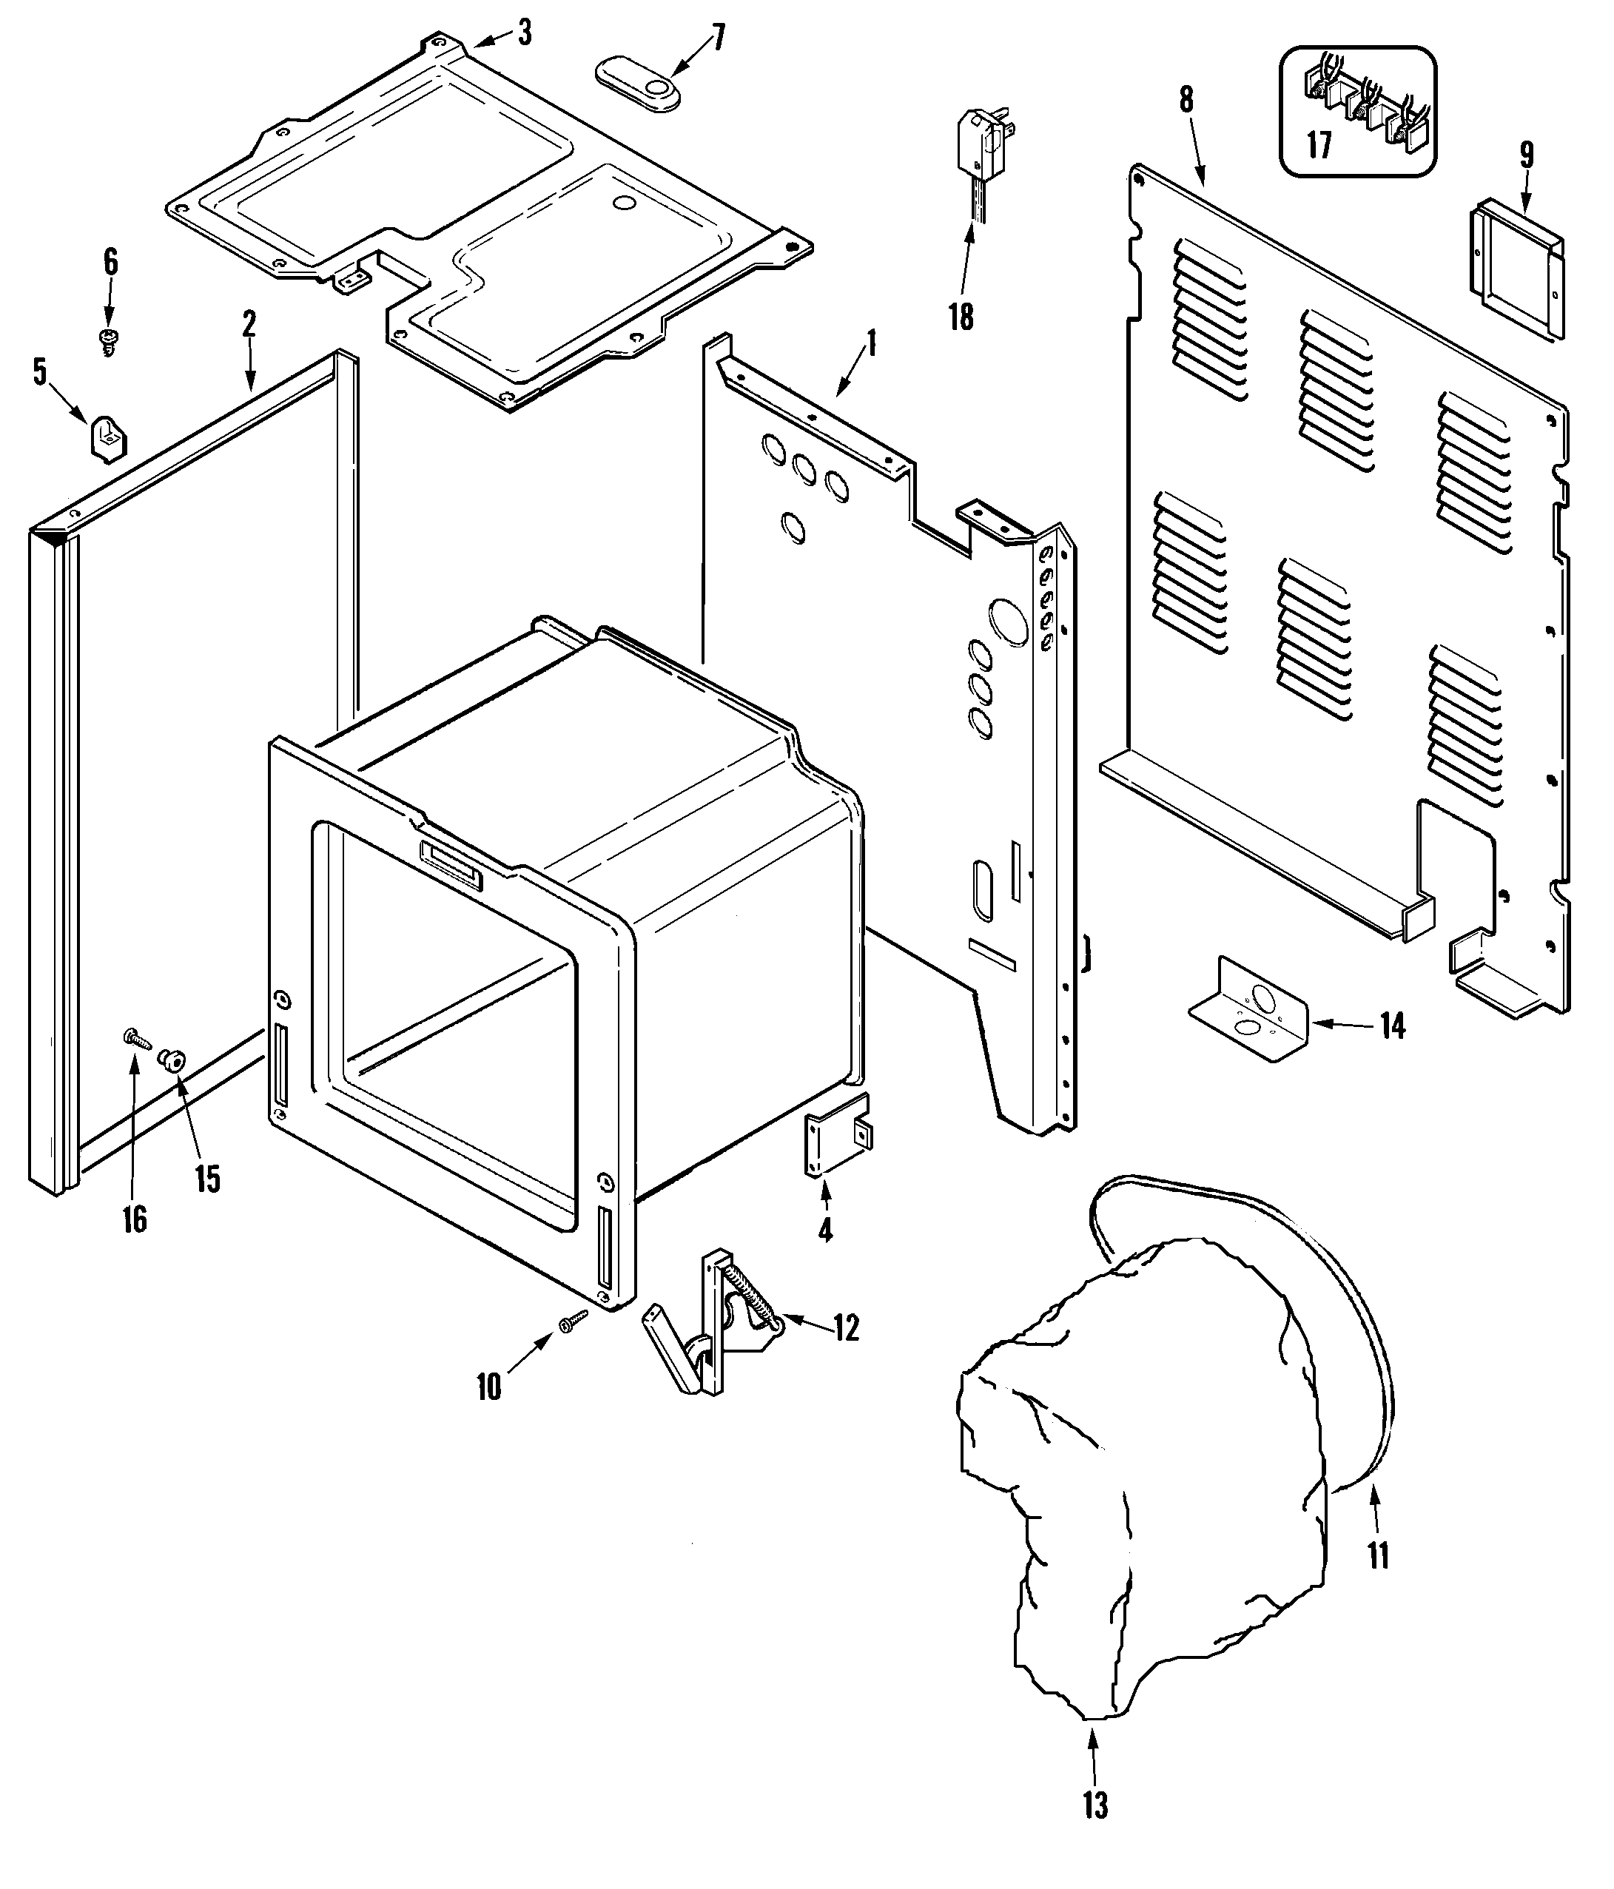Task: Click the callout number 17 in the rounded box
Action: coord(1319,145)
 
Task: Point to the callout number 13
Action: coord(1095,1805)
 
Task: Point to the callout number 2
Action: coord(248,323)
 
